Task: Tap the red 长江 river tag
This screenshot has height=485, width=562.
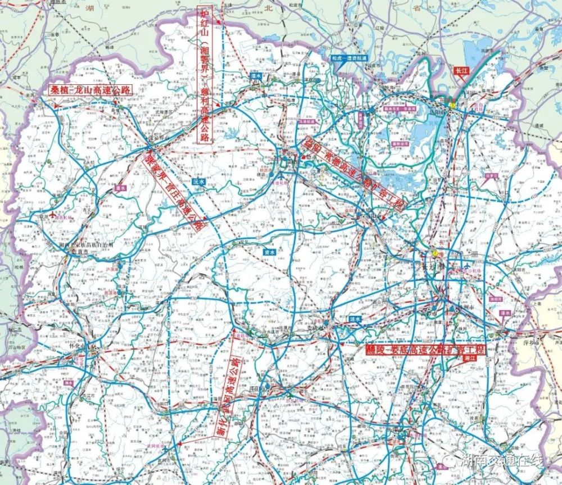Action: coord(462,71)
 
